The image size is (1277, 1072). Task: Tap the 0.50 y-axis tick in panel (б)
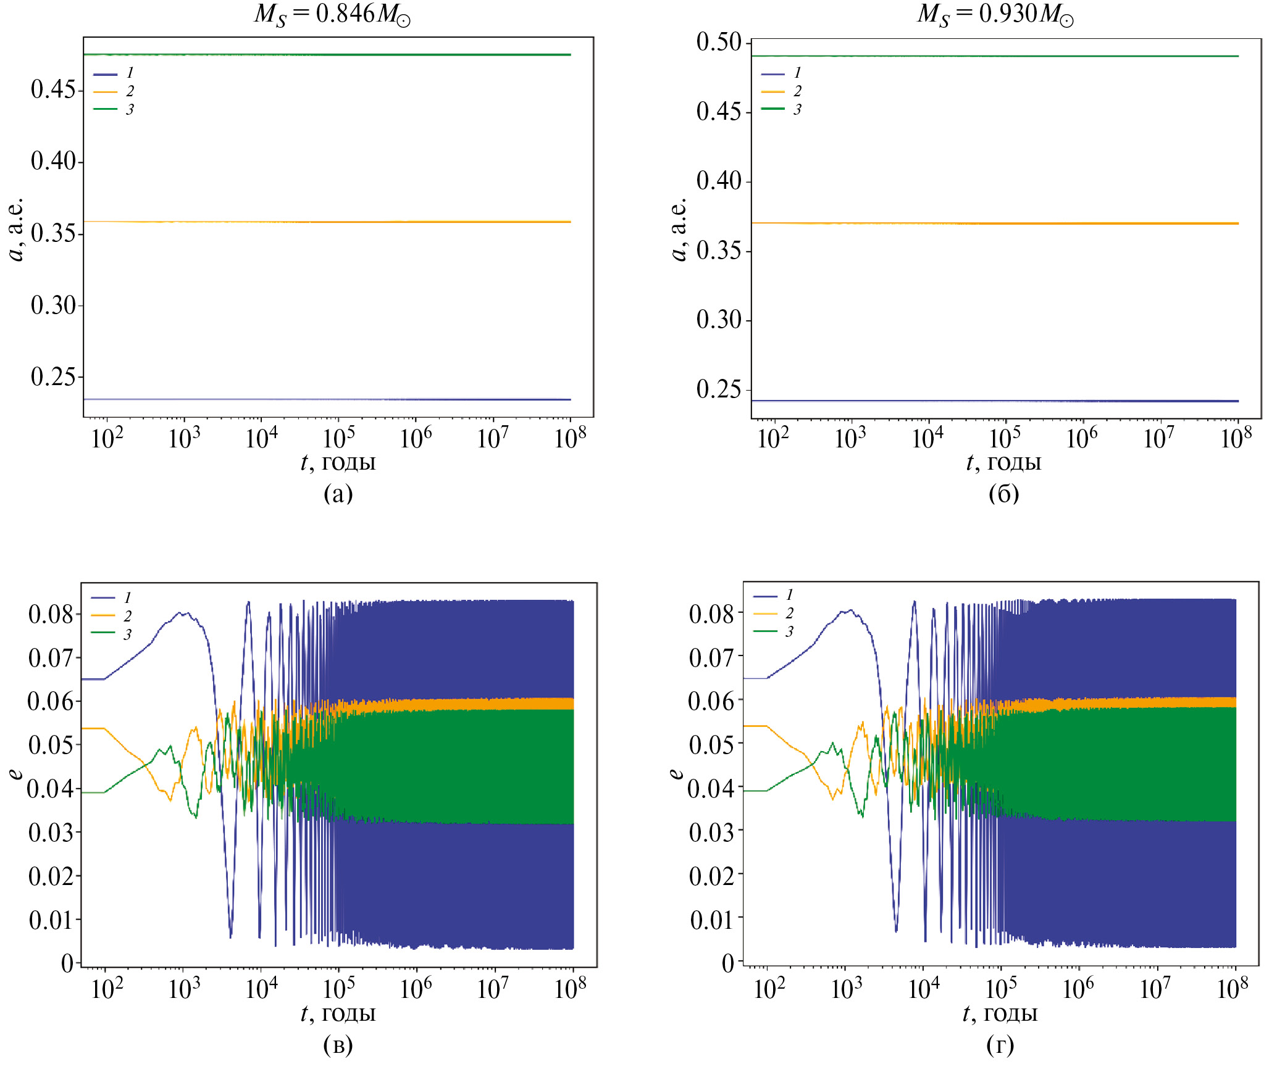point(719,42)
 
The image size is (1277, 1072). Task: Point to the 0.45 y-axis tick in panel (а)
point(53,90)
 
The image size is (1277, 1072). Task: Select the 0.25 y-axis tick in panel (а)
point(53,376)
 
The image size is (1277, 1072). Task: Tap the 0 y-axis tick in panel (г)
point(728,963)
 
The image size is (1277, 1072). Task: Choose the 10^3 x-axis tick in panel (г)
point(846,989)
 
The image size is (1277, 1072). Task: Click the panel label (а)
point(338,494)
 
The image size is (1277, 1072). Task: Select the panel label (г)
point(1000,1045)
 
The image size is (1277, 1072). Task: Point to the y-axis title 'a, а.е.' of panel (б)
point(679,230)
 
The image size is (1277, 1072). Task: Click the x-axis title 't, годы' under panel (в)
point(338,1014)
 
